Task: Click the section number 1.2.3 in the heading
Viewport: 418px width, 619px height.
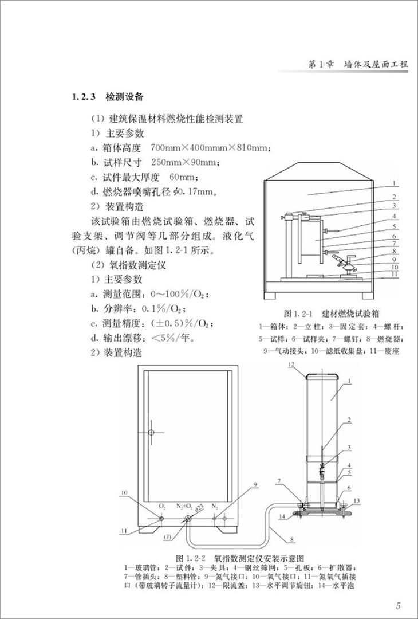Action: (85, 96)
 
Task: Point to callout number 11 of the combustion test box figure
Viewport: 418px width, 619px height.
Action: (395, 275)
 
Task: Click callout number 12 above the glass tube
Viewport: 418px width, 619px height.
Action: (291, 365)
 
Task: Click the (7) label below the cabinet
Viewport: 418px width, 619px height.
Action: (167, 537)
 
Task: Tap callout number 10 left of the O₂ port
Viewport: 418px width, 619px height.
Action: (125, 492)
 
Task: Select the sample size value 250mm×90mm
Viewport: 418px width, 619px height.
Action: (183, 162)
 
